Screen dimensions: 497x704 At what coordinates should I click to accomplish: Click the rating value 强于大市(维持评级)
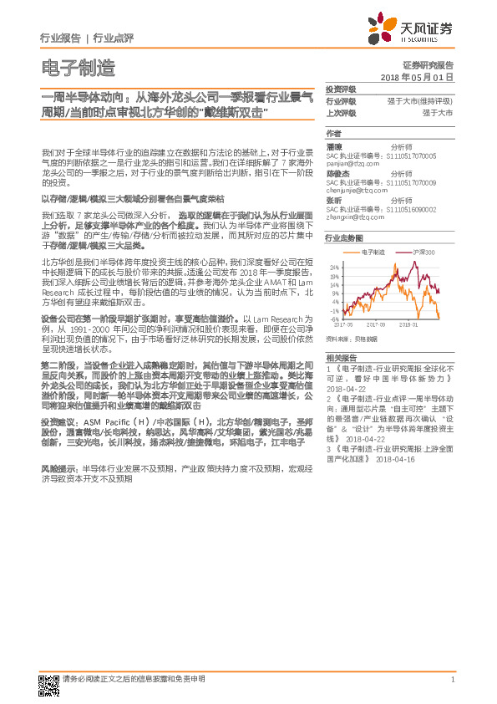point(420,100)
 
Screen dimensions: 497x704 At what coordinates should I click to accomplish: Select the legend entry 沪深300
point(423,251)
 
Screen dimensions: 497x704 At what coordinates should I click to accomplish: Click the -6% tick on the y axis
point(334,319)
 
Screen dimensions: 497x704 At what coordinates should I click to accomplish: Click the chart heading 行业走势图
point(342,238)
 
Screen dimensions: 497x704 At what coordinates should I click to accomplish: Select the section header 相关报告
point(340,357)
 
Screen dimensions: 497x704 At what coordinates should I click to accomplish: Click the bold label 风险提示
point(59,469)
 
